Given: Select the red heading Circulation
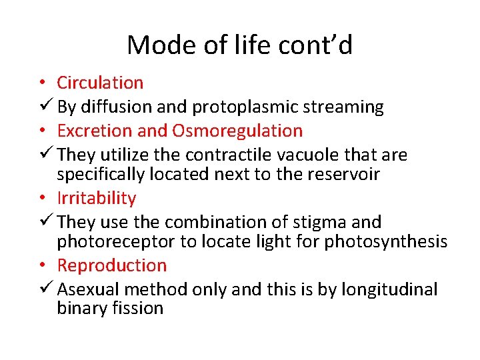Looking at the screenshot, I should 100,83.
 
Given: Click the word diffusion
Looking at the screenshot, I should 113,107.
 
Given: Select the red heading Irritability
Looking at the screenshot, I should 96,198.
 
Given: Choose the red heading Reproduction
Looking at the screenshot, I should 111,265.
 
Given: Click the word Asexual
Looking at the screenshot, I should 89,289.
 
